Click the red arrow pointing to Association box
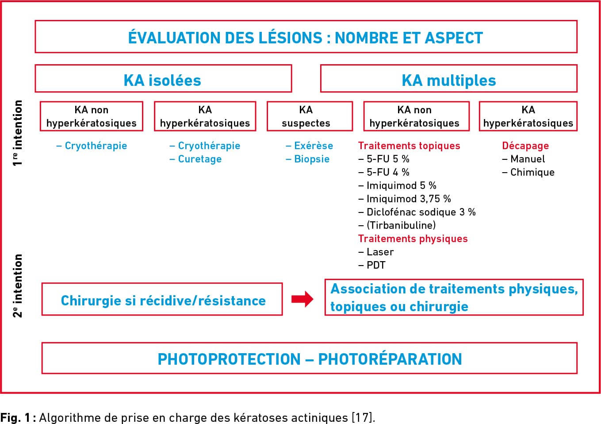302,299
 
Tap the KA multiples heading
448,80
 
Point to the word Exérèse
314,146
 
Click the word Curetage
199,159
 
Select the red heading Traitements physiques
413,239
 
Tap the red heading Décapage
525,146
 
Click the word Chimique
532,172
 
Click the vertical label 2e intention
17,286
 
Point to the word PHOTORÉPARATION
390,359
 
